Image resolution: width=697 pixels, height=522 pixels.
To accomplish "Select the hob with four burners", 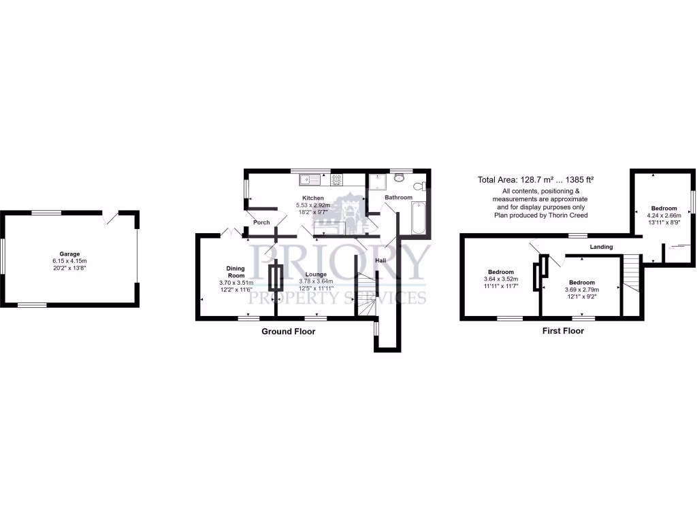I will [x=336, y=179].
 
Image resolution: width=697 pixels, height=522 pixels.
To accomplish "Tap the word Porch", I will [x=261, y=222].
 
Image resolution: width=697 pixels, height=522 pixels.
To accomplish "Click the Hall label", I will [x=381, y=260].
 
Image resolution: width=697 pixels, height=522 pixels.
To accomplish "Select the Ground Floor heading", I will [x=289, y=332].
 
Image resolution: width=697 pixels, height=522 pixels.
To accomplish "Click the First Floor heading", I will [x=563, y=331].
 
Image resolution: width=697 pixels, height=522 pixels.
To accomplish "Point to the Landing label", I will [x=601, y=247].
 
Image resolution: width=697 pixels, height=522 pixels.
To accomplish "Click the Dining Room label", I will [x=236, y=272].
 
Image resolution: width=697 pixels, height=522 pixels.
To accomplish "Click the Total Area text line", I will [x=536, y=180].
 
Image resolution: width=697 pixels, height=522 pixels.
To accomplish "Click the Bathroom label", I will [x=398, y=198].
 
